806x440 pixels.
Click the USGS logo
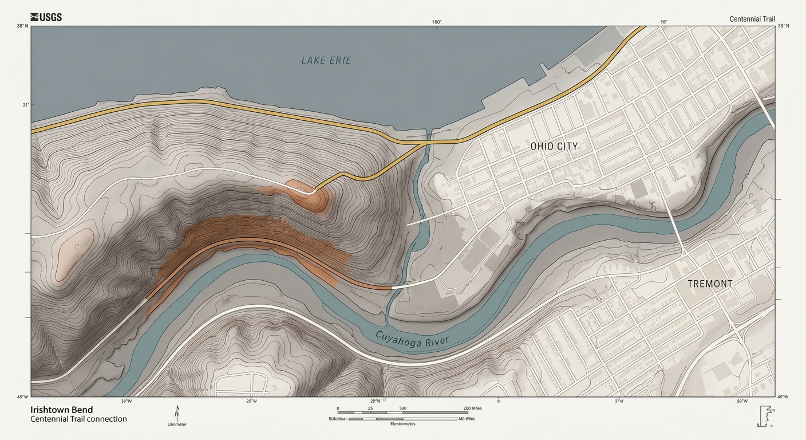pyautogui.click(x=46, y=17)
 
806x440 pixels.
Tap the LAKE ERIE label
pyautogui.click(x=326, y=60)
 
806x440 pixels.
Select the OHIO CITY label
pyautogui.click(x=554, y=146)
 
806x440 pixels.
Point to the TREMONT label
pyautogui.click(x=710, y=284)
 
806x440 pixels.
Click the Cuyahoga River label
pyautogui.click(x=412, y=339)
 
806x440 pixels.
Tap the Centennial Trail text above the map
pyautogui.click(x=752, y=19)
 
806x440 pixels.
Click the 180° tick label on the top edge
pyautogui.click(x=436, y=22)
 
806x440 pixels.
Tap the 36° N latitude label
pyautogui.click(x=783, y=26)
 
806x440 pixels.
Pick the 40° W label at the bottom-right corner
pyautogui.click(x=783, y=397)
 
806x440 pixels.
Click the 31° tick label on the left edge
pyautogui.click(x=26, y=105)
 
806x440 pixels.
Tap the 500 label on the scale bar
pyautogui.click(x=403, y=408)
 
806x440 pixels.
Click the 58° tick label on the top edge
pyautogui.click(x=664, y=22)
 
